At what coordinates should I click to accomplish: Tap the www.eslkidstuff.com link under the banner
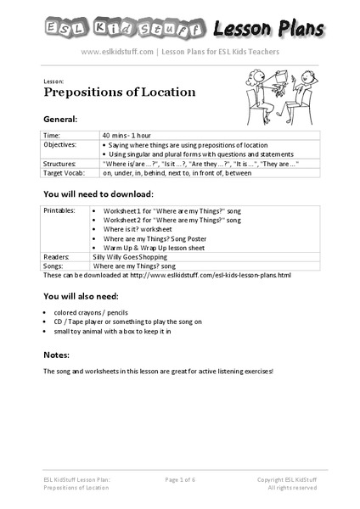pos(117,51)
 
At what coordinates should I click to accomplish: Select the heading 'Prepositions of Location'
pos(119,92)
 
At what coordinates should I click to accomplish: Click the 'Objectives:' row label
pos(60,144)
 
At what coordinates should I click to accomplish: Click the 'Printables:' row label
pos(59,209)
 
